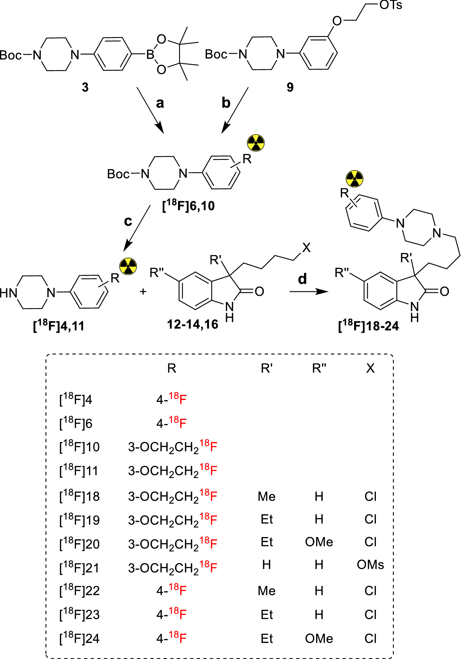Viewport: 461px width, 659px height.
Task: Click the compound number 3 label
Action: point(85,87)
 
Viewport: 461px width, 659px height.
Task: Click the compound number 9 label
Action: point(290,87)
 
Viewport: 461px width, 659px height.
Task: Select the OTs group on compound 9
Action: point(391,5)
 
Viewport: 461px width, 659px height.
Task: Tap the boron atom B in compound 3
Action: point(150,55)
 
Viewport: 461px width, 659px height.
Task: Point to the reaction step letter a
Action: point(160,103)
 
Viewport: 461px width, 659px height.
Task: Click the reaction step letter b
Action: point(226,103)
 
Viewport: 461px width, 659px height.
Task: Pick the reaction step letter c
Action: point(128,221)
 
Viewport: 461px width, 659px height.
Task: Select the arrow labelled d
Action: point(309,292)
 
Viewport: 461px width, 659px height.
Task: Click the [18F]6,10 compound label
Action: point(188,206)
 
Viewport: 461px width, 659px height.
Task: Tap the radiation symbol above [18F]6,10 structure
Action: point(256,143)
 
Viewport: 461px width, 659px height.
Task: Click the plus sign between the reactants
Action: point(143,292)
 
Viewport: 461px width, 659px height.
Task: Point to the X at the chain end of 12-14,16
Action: point(306,248)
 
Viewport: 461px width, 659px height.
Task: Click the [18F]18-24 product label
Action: point(368,326)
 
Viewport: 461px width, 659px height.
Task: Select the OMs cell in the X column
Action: point(370,565)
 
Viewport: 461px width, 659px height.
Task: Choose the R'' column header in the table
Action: point(319,368)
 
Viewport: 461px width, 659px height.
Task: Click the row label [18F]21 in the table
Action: point(79,567)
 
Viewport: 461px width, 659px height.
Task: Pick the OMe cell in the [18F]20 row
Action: point(319,542)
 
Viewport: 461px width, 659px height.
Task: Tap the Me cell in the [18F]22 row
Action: point(267,591)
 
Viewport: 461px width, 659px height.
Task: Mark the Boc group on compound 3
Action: point(11,55)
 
